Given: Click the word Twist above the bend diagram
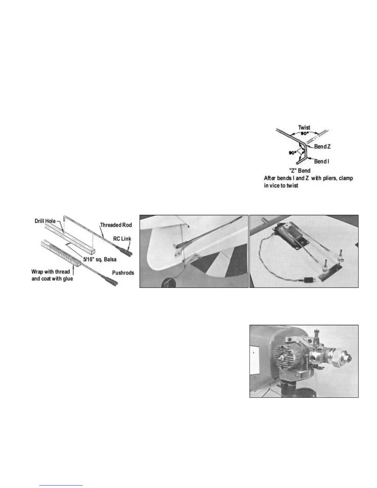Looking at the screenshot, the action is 304,128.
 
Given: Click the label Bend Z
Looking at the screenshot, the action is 322,147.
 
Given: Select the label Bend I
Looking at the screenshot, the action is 322,161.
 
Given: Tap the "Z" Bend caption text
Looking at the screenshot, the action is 299,170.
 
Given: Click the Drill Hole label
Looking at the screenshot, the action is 45,221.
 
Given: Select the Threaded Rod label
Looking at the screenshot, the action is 116,225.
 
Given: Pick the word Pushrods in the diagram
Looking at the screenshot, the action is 123,273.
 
